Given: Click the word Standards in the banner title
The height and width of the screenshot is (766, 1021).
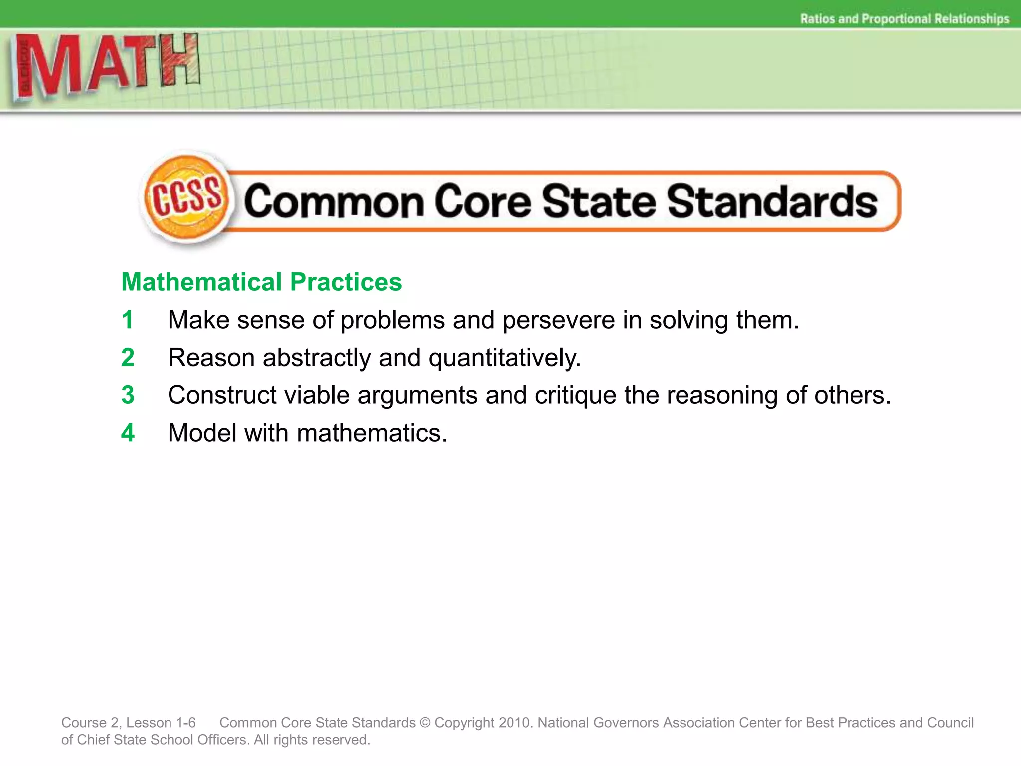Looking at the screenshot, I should pos(772,201).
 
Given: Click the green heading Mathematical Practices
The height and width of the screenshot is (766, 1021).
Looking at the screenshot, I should pos(262,282).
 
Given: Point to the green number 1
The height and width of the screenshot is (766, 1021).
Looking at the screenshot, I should pos(128,320).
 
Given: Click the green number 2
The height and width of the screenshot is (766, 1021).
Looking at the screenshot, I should pos(128,358).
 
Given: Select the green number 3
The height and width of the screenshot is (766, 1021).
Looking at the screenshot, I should pos(128,395).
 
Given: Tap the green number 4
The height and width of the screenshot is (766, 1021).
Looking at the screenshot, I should pos(128,433).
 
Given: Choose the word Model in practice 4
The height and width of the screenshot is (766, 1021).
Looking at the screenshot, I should pos(202,433).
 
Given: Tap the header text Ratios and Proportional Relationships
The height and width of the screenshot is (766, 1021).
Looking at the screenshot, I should pos(904,19).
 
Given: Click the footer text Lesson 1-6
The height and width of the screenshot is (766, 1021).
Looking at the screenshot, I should pos(161,723).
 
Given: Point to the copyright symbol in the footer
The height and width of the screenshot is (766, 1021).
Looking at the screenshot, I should pos(425,723).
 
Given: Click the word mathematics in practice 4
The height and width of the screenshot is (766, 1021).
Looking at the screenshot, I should pos(372,433).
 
